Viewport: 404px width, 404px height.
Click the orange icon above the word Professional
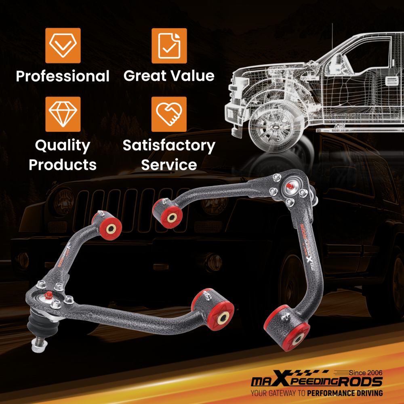63,45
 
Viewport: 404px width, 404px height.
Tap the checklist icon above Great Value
169,45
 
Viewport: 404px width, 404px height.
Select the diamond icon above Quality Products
63,114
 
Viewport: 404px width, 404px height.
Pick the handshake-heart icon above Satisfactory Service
169,114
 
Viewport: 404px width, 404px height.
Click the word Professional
63,76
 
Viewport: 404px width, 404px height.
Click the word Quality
63,146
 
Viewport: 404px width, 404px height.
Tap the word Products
63,165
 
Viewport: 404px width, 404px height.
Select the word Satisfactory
169,145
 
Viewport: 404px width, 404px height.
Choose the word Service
169,165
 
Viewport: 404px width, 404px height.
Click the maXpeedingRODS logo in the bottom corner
317,382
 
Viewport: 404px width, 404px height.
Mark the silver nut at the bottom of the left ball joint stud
39,344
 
